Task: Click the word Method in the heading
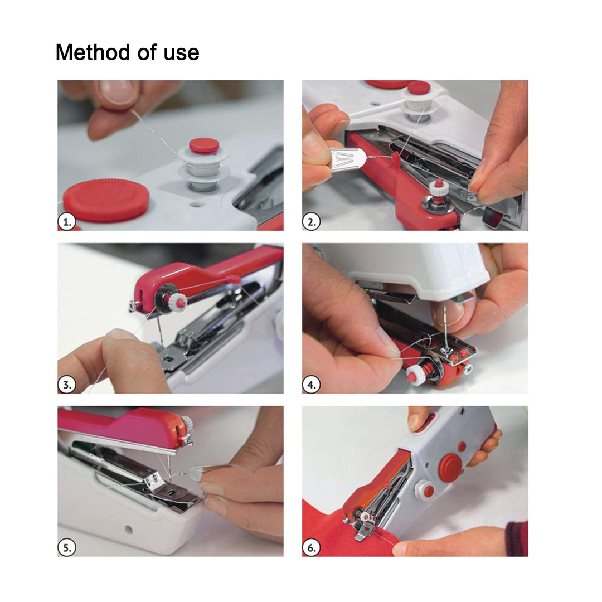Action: coord(89,52)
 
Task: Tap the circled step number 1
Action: coord(66,222)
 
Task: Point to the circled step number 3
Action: coord(66,385)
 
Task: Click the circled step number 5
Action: coord(66,547)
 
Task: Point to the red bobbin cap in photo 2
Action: coord(418,88)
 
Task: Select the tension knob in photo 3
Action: coord(177,302)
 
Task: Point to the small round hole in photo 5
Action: coord(129,528)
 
